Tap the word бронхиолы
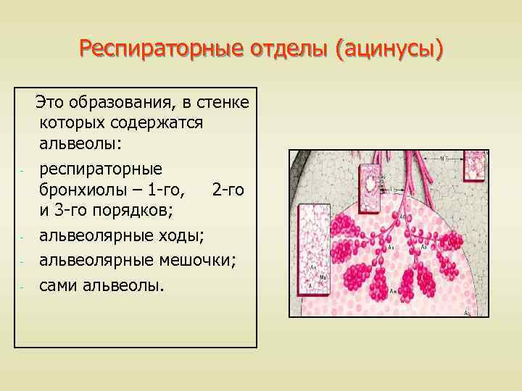tap(83, 190)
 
